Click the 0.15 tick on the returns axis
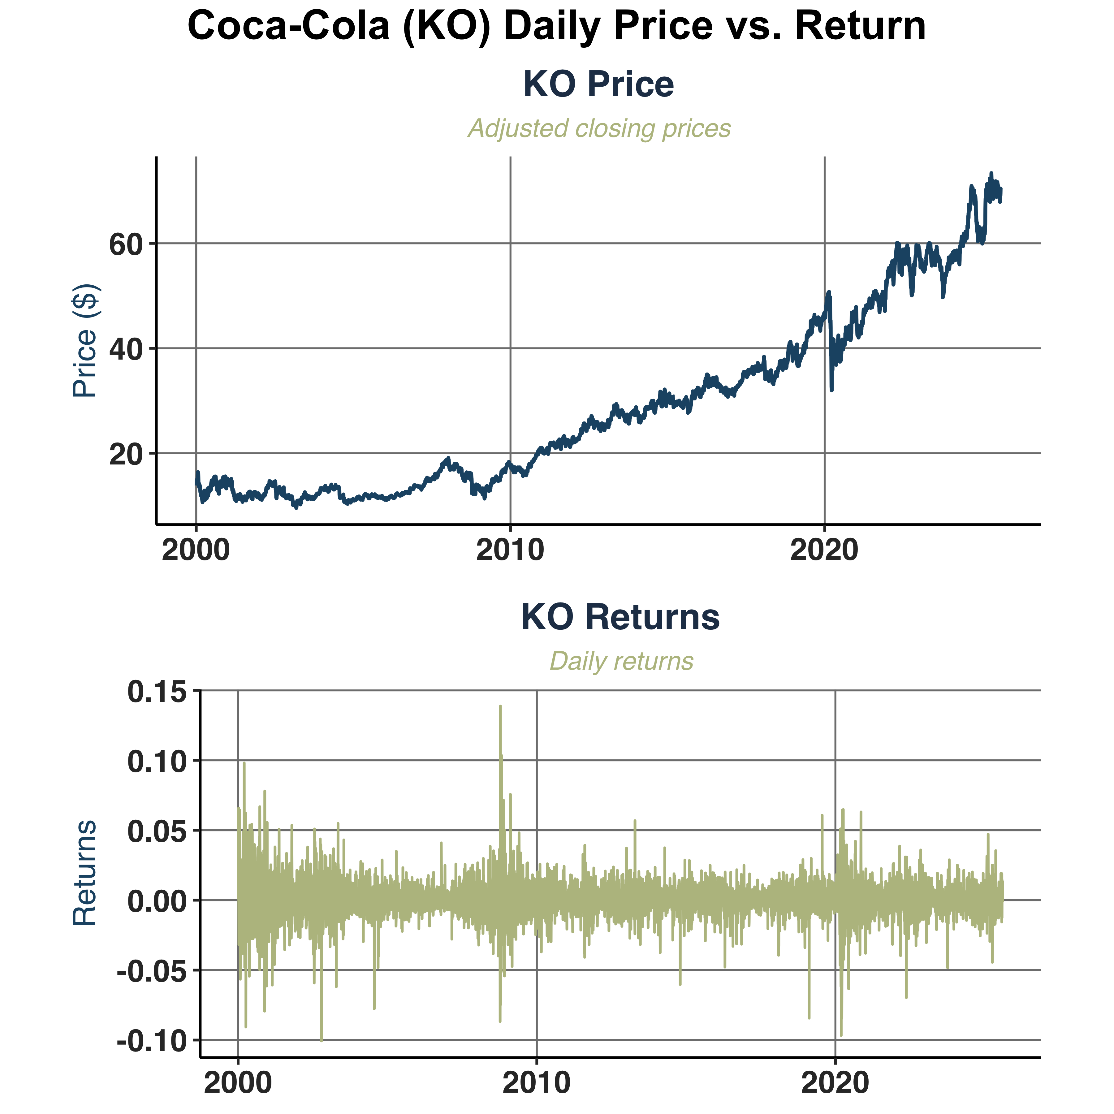157,691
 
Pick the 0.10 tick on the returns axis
157,762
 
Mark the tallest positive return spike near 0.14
500,707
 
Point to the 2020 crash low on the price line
831,390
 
